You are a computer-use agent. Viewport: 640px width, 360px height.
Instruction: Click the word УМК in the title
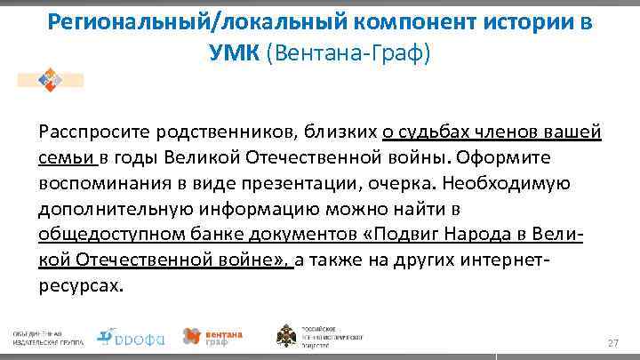coord(232,54)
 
